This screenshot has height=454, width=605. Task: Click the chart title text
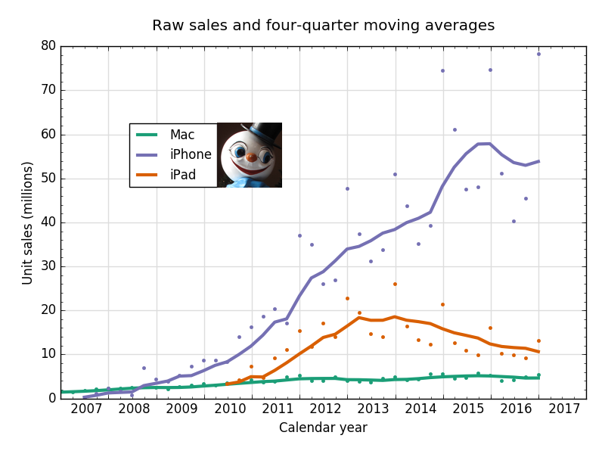click(x=323, y=26)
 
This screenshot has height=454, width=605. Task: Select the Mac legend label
click(x=182, y=135)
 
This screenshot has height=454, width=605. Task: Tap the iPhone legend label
click(x=191, y=154)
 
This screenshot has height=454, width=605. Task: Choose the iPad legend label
click(x=183, y=175)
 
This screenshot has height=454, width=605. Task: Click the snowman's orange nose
click(x=250, y=157)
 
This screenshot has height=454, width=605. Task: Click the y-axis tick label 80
click(x=48, y=45)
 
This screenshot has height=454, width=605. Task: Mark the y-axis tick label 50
click(x=48, y=179)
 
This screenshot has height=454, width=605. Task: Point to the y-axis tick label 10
click(x=48, y=354)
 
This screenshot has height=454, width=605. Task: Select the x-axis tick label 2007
click(x=87, y=409)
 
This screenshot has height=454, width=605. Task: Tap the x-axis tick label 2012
click(x=326, y=409)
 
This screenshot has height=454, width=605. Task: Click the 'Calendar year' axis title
click(x=323, y=428)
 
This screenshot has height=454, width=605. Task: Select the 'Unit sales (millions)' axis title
click(x=27, y=222)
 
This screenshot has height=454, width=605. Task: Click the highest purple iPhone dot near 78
click(x=538, y=54)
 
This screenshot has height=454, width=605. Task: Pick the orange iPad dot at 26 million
click(x=395, y=284)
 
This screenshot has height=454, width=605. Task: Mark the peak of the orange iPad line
click(x=394, y=316)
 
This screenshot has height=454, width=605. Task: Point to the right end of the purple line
click(x=538, y=160)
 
